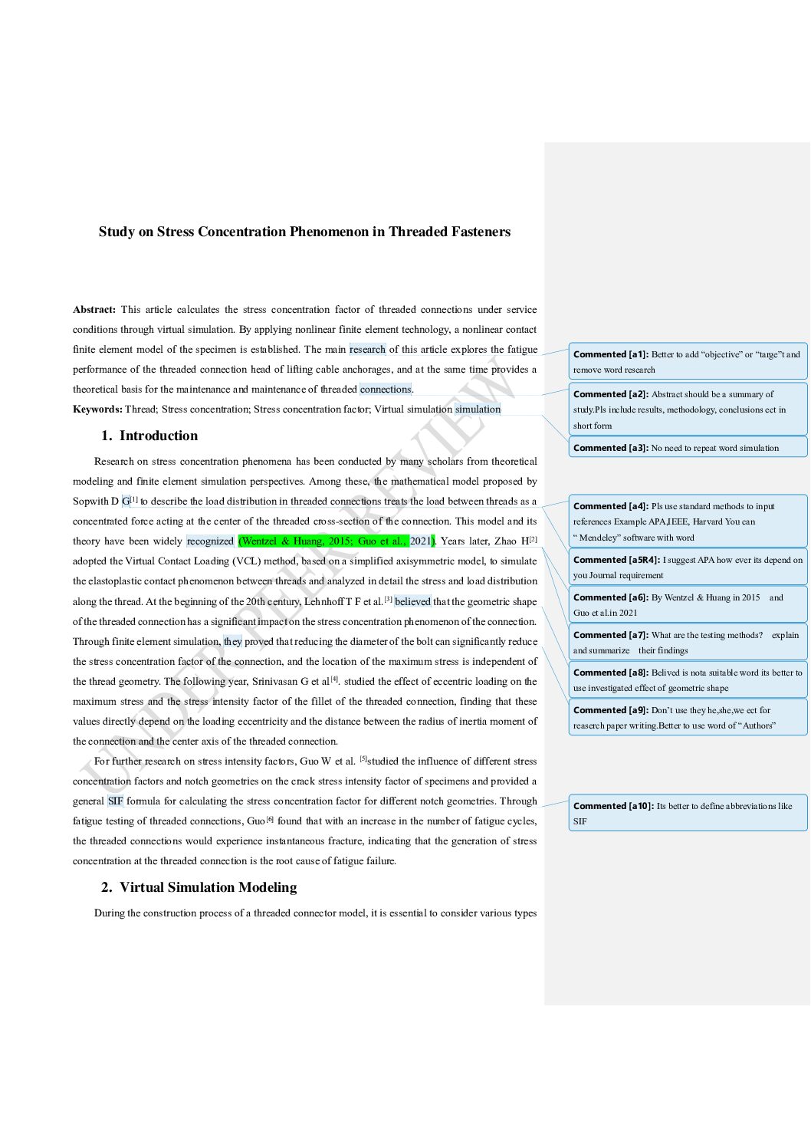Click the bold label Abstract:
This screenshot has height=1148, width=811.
pos(94,310)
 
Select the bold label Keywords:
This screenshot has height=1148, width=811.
pos(97,410)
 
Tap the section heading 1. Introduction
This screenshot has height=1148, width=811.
pos(149,436)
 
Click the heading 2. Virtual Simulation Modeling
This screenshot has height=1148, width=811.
pos(199,887)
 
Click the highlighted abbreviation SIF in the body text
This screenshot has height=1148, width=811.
pos(115,801)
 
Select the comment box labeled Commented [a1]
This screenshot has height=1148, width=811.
pos(688,361)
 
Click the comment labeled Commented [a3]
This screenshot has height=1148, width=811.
pos(688,448)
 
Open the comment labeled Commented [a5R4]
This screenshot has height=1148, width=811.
pos(688,567)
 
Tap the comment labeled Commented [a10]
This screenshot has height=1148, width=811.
pos(688,813)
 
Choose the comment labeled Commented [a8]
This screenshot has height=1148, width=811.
pos(688,679)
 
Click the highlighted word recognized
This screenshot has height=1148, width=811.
pos(210,541)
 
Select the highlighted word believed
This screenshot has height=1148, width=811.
pos(412,602)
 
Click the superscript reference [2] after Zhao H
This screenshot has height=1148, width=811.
pos(534,539)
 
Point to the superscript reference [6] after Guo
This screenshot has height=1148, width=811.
pos(270,820)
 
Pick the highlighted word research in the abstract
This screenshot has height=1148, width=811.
pos(367,350)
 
